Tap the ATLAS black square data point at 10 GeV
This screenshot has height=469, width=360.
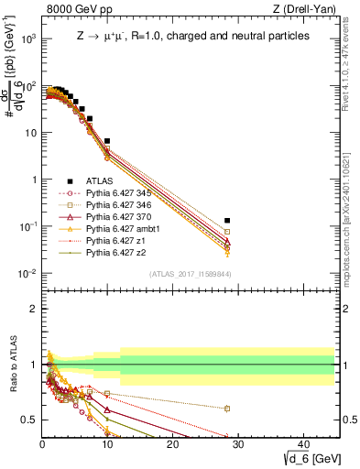click(x=107, y=141)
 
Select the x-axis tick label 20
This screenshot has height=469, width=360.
click(x=172, y=443)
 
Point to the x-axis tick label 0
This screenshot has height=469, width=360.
click(x=42, y=443)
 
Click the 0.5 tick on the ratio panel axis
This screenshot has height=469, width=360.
click(x=29, y=420)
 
